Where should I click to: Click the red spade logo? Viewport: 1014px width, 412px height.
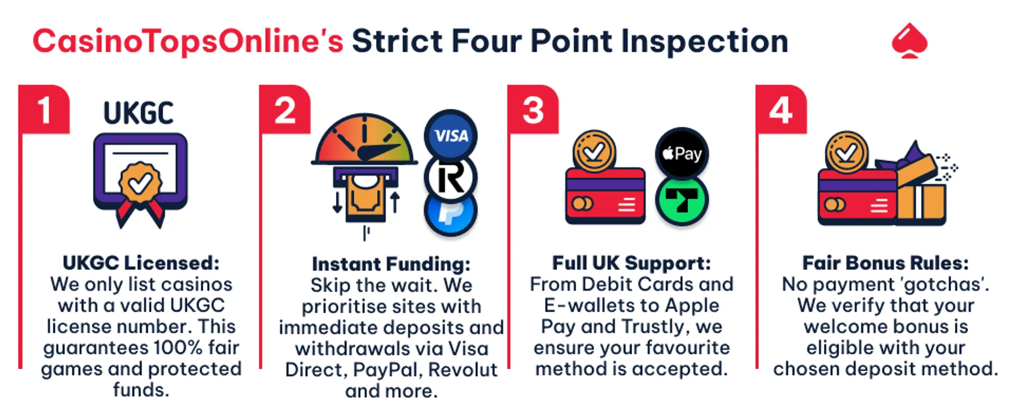(x=909, y=41)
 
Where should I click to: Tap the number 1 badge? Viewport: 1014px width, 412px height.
(x=44, y=110)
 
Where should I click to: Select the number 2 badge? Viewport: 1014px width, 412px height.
(x=285, y=110)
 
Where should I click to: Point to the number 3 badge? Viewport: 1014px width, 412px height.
(x=533, y=110)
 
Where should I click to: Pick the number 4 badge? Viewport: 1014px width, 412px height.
(x=781, y=110)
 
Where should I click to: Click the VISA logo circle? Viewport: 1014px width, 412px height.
(x=450, y=135)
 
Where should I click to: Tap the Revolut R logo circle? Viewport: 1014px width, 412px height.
(x=450, y=177)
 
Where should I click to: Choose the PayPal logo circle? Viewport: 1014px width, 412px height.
(x=450, y=213)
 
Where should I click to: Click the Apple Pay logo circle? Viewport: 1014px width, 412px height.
(x=682, y=154)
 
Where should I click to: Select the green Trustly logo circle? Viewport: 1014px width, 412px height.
(x=682, y=200)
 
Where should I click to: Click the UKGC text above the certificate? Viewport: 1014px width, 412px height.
(x=138, y=114)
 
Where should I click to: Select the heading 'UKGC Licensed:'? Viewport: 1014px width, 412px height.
(x=141, y=263)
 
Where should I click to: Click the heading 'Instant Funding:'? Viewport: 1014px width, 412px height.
(x=391, y=264)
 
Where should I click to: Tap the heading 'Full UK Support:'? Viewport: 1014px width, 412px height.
(x=632, y=263)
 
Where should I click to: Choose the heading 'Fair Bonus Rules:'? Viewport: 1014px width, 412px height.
(x=886, y=263)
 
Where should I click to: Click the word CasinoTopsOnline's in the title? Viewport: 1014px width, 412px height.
(x=188, y=41)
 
